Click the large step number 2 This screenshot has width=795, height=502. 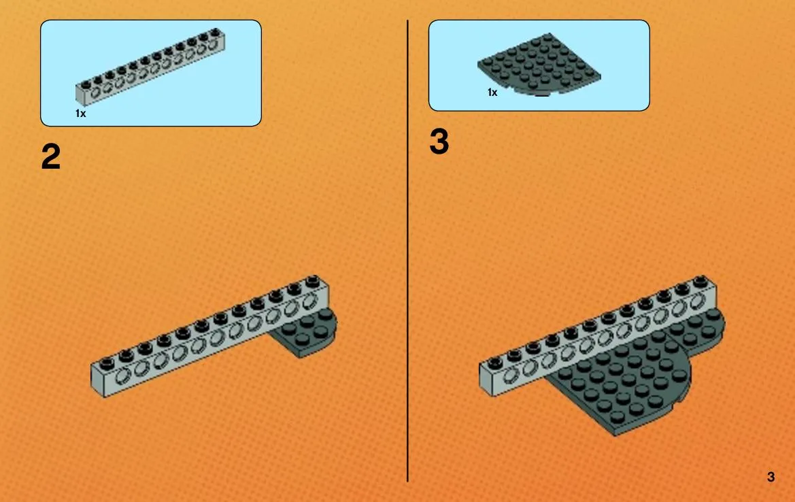point(51,156)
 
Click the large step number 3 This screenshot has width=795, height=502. point(439,141)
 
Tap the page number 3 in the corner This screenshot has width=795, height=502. point(771,477)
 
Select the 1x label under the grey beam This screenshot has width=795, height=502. point(81,114)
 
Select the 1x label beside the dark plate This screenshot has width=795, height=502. point(492,93)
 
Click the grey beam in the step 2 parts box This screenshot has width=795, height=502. point(150,66)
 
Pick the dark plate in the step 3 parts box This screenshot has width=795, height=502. point(539,65)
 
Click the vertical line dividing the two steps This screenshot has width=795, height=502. point(407,250)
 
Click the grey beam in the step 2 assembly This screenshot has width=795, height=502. point(210,336)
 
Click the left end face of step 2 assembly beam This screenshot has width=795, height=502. point(97,382)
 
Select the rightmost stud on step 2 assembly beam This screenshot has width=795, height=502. point(313,280)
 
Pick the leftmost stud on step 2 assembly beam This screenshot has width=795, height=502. point(107,363)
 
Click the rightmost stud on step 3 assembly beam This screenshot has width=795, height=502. point(700,281)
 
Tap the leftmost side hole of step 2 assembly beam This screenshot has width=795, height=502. point(123,376)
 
